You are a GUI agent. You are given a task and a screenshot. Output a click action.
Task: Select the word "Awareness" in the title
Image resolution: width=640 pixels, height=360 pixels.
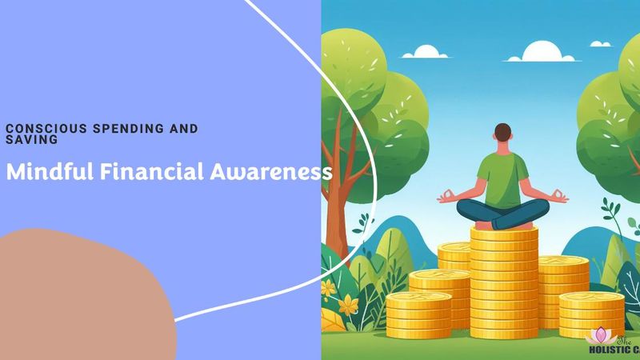coord(261,172)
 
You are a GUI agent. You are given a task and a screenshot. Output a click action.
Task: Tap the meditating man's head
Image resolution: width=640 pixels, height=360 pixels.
coord(502,135)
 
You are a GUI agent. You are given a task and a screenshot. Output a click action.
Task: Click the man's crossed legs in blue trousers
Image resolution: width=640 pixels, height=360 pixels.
coord(502,213)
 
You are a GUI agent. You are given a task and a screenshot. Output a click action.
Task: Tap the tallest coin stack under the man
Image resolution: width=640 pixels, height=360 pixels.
coord(502,280)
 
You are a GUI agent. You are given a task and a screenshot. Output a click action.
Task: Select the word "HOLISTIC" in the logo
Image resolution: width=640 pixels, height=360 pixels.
coord(608,350)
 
